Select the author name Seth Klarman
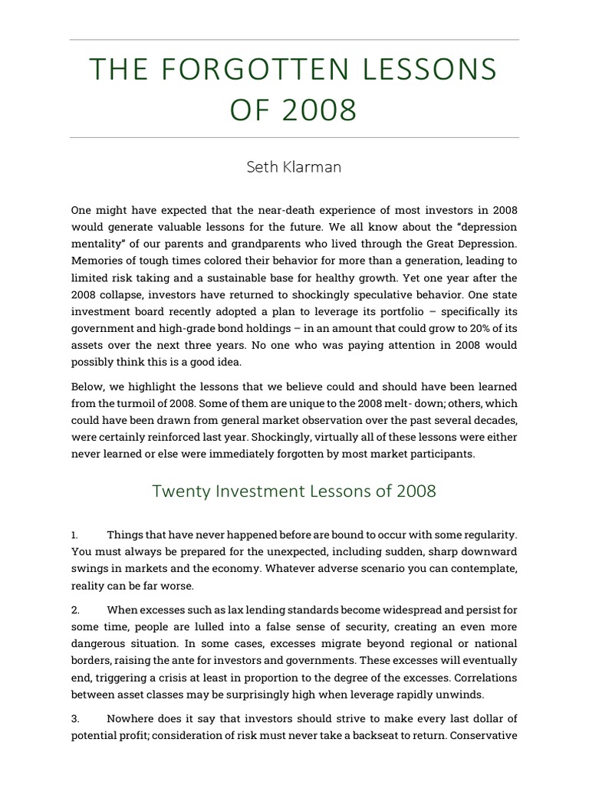tap(294, 167)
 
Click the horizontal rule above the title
tap(294, 40)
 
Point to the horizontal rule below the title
tap(294, 138)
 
